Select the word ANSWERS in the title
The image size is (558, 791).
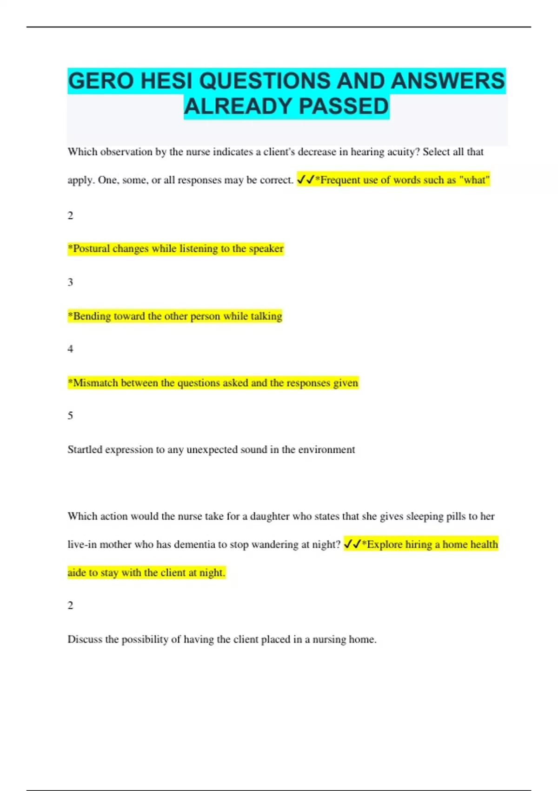click(x=447, y=81)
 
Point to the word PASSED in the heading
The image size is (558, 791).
click(x=344, y=107)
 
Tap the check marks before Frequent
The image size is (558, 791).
click(x=306, y=180)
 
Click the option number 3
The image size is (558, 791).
click(x=70, y=282)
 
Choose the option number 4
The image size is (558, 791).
click(x=70, y=349)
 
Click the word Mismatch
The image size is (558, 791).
click(x=95, y=383)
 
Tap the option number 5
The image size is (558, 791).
click(x=70, y=416)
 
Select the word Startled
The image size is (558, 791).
click(x=85, y=449)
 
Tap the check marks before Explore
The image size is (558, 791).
click(x=352, y=544)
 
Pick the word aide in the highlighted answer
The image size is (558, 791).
click(x=77, y=573)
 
